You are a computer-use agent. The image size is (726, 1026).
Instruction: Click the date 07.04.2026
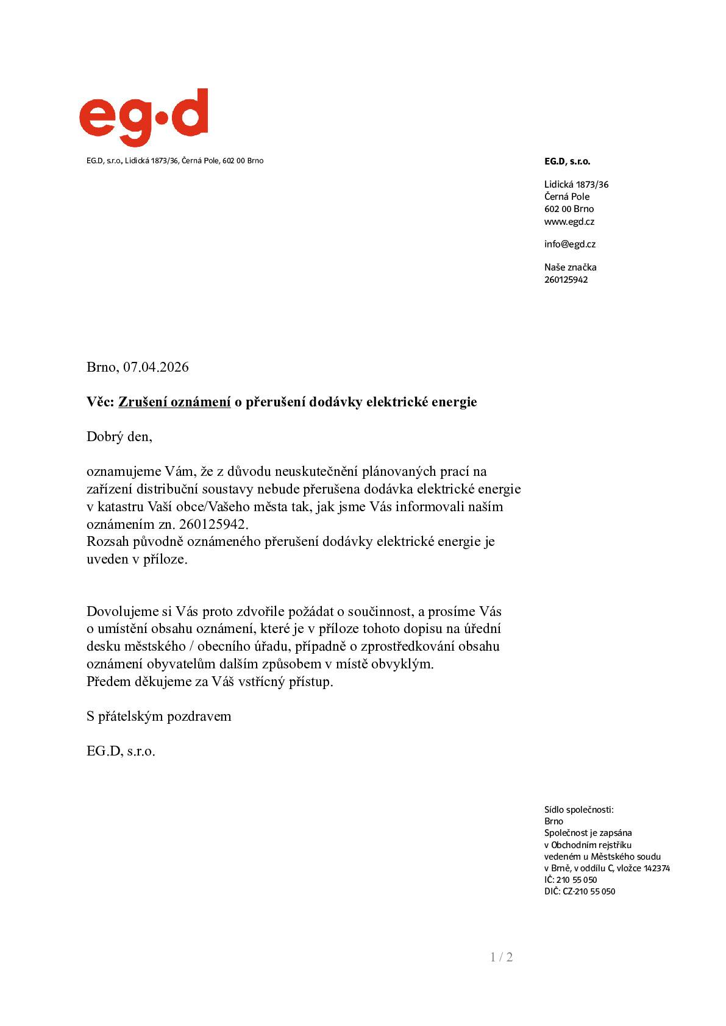pyautogui.click(x=155, y=367)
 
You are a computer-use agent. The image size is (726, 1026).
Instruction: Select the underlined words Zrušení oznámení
pyautogui.click(x=174, y=402)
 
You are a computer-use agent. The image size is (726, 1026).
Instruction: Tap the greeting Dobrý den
pyautogui.click(x=119, y=437)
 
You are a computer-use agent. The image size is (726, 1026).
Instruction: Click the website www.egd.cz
pyautogui.click(x=569, y=222)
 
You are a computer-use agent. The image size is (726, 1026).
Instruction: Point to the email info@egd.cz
pyautogui.click(x=569, y=244)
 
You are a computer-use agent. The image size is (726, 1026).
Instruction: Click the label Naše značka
pyautogui.click(x=570, y=267)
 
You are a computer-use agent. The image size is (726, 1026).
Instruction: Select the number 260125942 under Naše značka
pyautogui.click(x=566, y=280)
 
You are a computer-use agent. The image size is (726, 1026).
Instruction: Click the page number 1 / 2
pyautogui.click(x=501, y=957)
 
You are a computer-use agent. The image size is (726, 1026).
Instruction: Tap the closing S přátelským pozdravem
pyautogui.click(x=158, y=716)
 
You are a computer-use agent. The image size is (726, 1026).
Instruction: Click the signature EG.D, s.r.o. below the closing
pyautogui.click(x=121, y=751)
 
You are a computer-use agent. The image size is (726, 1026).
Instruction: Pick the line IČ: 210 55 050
pyautogui.click(x=570, y=880)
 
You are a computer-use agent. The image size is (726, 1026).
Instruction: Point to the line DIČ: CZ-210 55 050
pyautogui.click(x=579, y=891)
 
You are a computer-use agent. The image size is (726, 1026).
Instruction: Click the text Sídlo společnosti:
pyautogui.click(x=578, y=810)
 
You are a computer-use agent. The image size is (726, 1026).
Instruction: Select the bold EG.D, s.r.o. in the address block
pyautogui.click(x=567, y=161)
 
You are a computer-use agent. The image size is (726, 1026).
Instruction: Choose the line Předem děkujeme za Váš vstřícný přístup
pyautogui.click(x=210, y=682)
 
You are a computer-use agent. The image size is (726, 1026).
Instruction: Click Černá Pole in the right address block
pyautogui.click(x=566, y=197)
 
